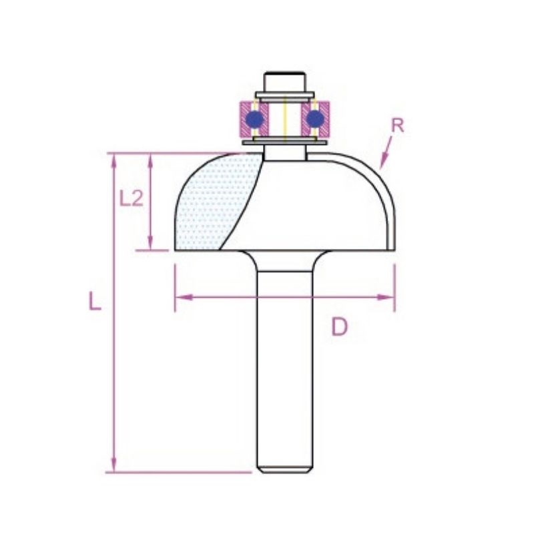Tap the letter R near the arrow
tap(397, 125)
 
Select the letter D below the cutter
tap(340, 327)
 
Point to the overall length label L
tap(95, 301)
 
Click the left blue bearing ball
tap(254, 119)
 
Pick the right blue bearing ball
tap(315, 119)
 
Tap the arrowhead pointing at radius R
tap(383, 160)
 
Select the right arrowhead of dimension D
tap(386, 297)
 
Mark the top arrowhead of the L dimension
tap(113, 161)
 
